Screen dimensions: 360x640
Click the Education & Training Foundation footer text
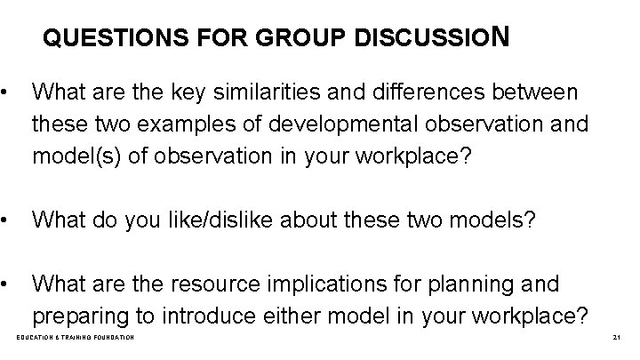76,339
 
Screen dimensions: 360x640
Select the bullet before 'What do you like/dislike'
7,220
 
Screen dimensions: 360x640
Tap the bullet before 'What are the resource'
7,284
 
